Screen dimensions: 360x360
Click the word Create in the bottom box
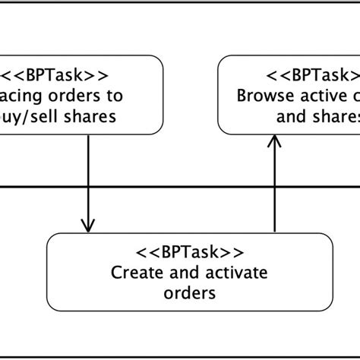pos(132,273)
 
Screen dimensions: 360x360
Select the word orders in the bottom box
pos(189,292)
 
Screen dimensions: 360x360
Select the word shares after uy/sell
pos(90,117)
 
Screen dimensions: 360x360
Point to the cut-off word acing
pos(21,96)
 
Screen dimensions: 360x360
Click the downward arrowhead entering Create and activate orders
pos(88,226)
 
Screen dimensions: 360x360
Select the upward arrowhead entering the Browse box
pos(273,141)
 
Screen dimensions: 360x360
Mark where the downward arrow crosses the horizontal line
pos(88,186)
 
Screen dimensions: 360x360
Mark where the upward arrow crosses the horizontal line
pos(273,186)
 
